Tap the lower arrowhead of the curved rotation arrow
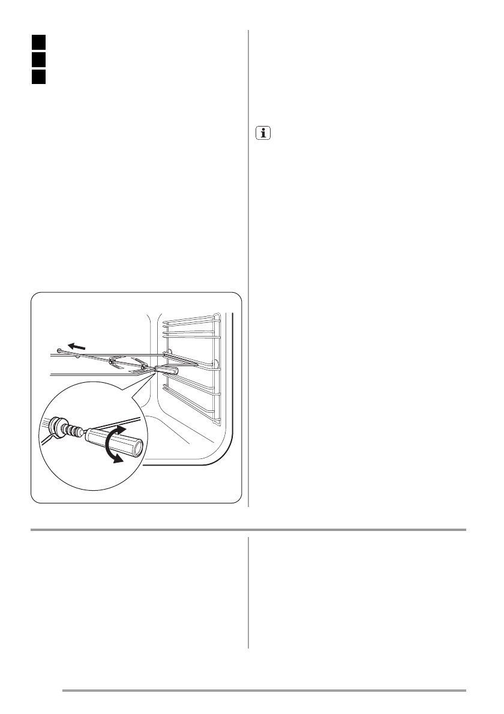click(x=120, y=459)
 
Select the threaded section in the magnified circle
click(x=75, y=430)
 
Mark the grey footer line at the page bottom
click(x=264, y=690)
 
